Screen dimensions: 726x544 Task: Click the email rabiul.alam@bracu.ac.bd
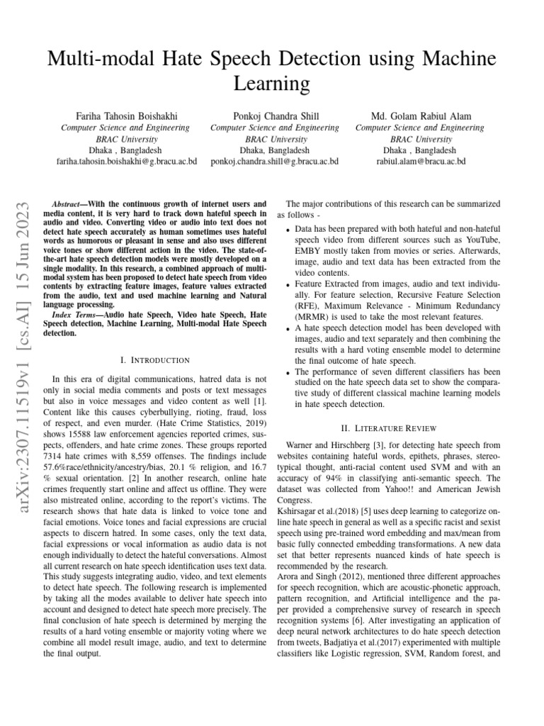(421, 162)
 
